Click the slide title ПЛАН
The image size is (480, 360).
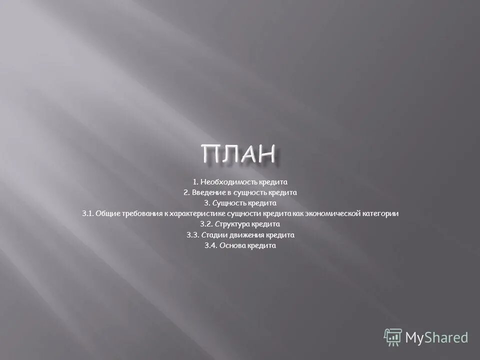pos(239,153)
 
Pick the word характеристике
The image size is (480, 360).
pos(197,214)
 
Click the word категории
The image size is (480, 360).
pos(380,214)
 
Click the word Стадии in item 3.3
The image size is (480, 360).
pos(213,235)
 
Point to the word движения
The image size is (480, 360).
pos(242,235)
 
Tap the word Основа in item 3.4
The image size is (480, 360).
pos(233,246)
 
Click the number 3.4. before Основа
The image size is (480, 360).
pos(210,246)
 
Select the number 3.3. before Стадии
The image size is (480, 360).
pos(193,235)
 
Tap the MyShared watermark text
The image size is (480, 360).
pos(436,338)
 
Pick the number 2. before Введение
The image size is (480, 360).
pos(186,192)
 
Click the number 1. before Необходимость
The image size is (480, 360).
pos(195,181)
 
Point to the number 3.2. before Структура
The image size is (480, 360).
pos(206,224)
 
